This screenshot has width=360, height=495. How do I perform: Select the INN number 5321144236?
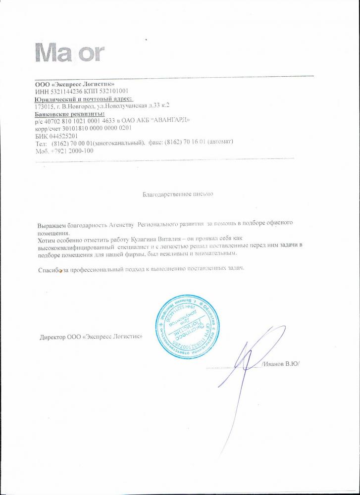coord(65,91)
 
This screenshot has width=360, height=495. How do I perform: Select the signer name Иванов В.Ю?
coord(281,363)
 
